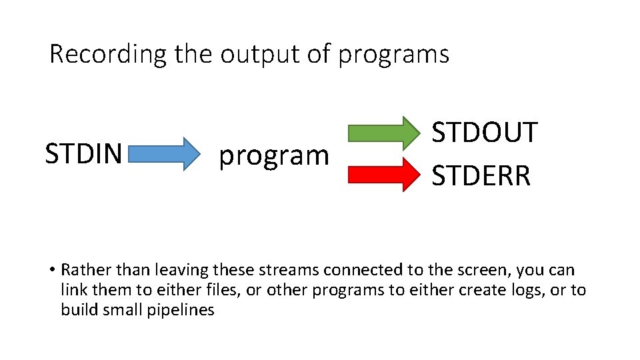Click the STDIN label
(83, 153)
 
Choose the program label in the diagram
(274, 156)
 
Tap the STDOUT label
(485, 133)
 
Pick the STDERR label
(481, 176)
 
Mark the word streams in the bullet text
(293, 271)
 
